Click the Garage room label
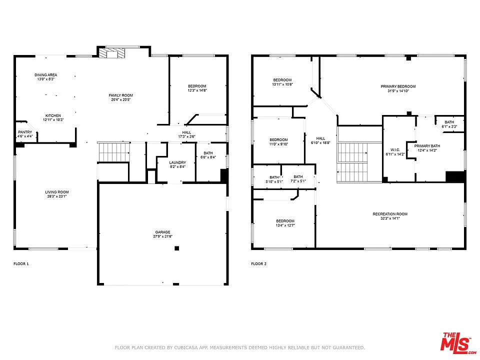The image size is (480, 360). [x=162, y=232]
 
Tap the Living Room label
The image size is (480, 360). [x=57, y=192]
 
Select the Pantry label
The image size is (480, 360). [x=25, y=132]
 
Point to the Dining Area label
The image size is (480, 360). [x=45, y=75]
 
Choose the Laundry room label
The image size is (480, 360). [x=177, y=162]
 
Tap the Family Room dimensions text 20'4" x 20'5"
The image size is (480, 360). [x=121, y=99]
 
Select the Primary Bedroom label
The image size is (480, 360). [x=398, y=86]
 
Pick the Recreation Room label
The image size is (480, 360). [x=390, y=214]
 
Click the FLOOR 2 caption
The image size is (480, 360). [x=258, y=263]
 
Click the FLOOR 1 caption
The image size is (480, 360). [x=21, y=263]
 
